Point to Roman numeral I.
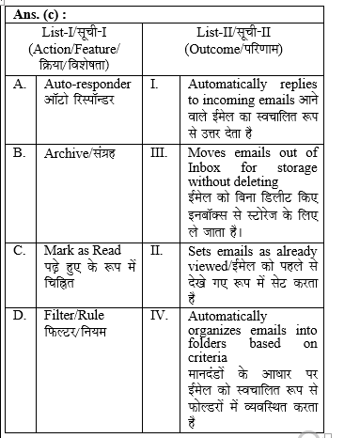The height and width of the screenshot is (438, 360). pos(155,85)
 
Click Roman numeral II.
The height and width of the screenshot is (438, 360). pos(157,251)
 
